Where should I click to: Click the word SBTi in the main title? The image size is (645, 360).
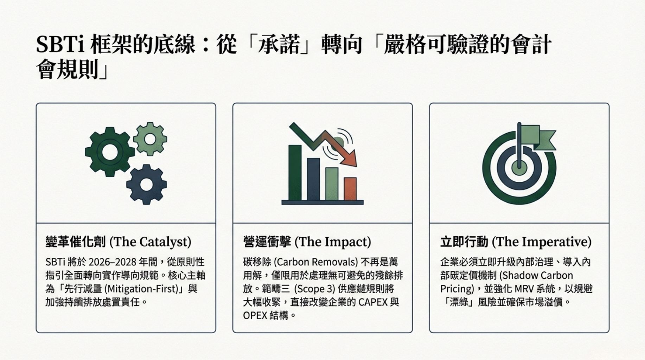click(x=58, y=45)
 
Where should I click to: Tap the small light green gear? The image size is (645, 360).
click(x=150, y=139)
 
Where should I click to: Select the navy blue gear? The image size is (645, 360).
click(x=146, y=184)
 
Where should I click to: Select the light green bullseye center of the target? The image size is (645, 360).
click(x=519, y=168)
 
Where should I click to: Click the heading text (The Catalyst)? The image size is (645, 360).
click(x=151, y=242)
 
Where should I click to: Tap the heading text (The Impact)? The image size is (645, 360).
click(x=333, y=242)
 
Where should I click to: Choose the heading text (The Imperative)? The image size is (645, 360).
click(x=542, y=242)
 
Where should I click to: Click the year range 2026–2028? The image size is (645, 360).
click(x=112, y=262)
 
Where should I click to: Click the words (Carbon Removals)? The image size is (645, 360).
click(x=315, y=262)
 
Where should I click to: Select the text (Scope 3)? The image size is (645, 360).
click(x=314, y=289)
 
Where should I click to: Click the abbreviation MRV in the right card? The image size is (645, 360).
click(x=524, y=289)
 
